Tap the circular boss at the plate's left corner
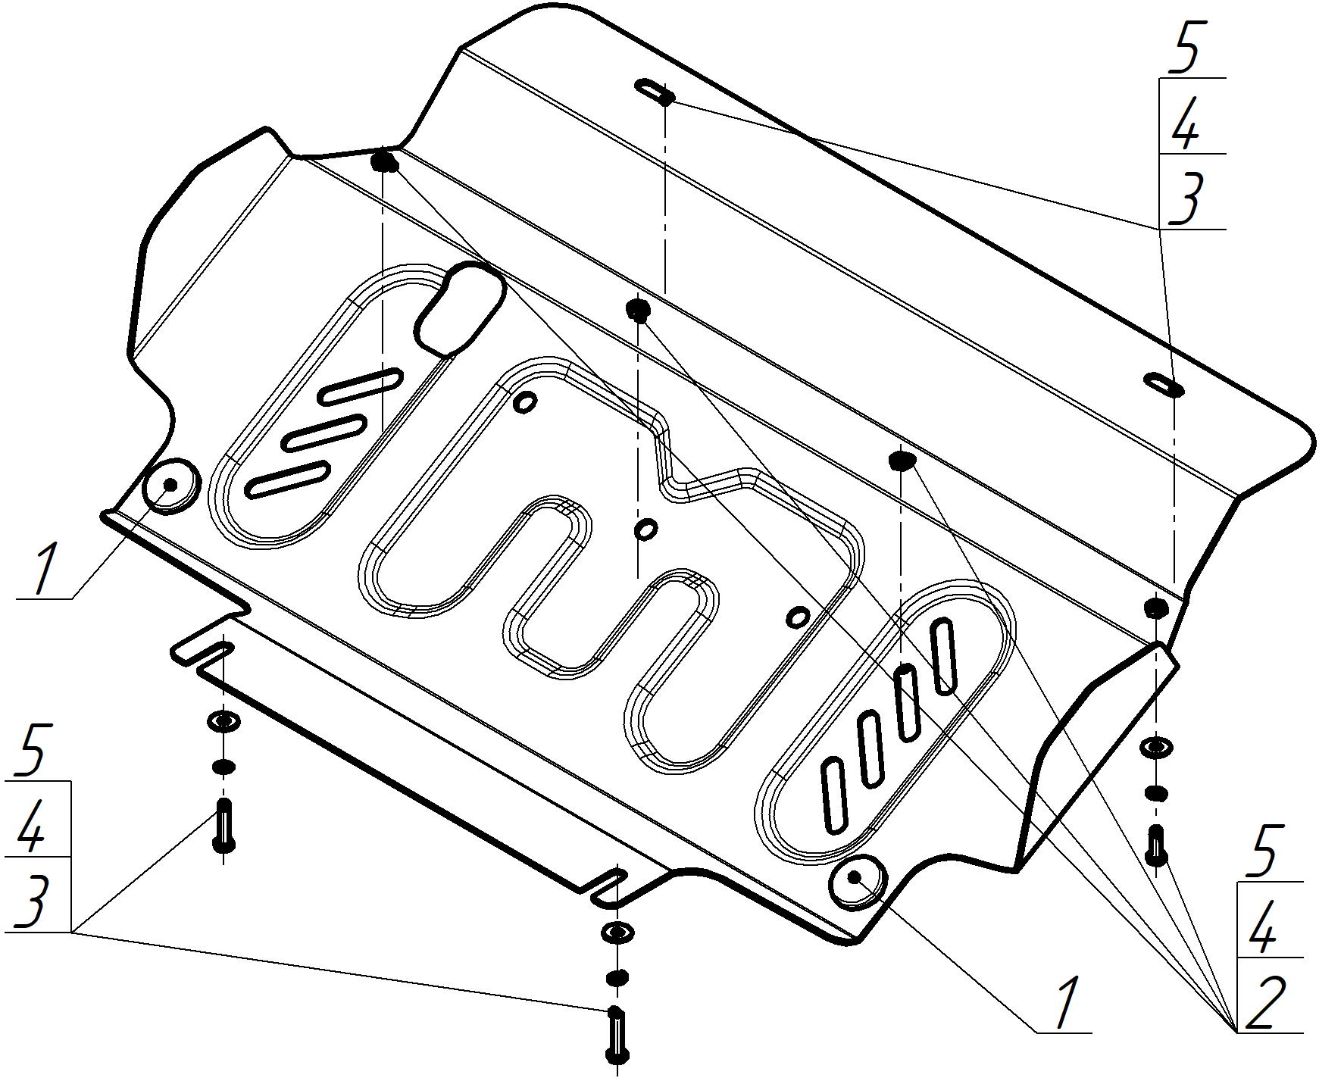[170, 485]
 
